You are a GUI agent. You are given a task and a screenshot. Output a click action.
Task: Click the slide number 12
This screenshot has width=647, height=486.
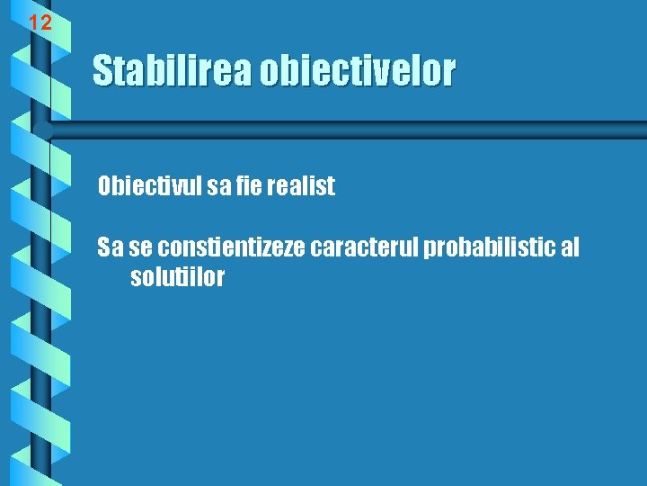[x=40, y=22]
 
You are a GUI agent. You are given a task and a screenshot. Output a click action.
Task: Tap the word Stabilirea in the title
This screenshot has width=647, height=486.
[x=173, y=71]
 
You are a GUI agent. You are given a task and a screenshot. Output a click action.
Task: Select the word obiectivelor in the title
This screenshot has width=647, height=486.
[x=358, y=71]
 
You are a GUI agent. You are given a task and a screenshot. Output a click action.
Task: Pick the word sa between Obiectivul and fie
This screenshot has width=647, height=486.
[x=218, y=186]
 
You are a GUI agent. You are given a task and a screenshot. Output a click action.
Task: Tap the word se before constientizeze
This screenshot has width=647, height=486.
[x=141, y=247]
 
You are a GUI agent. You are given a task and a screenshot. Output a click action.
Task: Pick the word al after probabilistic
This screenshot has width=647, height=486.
[x=569, y=247]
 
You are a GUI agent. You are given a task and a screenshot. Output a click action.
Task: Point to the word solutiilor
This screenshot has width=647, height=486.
[x=177, y=277]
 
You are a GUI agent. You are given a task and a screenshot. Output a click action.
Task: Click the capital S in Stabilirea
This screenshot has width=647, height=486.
[x=102, y=71]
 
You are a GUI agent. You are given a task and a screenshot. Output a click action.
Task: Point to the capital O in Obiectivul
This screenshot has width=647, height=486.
[x=105, y=186]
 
